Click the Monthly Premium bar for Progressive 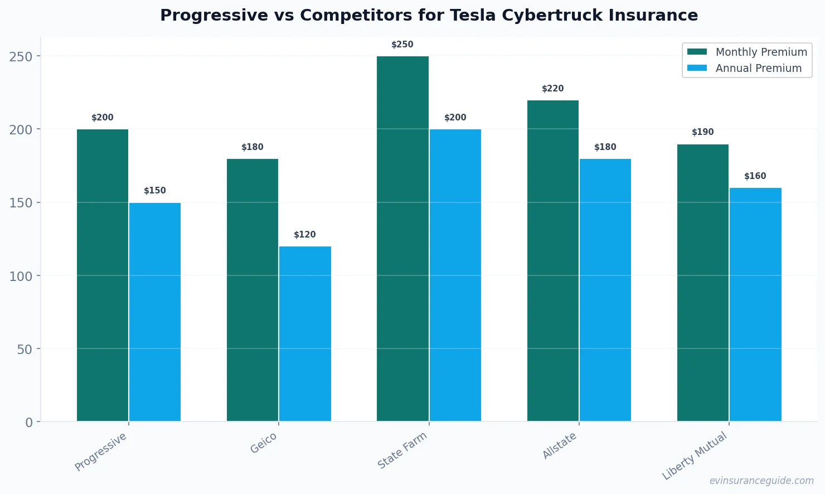(x=103, y=275)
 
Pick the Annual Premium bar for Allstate (x=605, y=290)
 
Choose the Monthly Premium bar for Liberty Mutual (x=702, y=283)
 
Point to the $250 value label (x=402, y=45)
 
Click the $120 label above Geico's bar (x=305, y=235)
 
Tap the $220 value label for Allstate (x=553, y=89)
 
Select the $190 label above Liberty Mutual (x=702, y=132)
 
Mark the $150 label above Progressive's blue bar (x=155, y=191)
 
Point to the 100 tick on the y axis (x=21, y=276)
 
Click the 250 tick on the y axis (x=21, y=56)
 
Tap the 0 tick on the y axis (x=29, y=423)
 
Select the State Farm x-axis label (x=402, y=451)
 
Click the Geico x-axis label (x=264, y=443)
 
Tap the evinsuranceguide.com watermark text (x=761, y=481)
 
